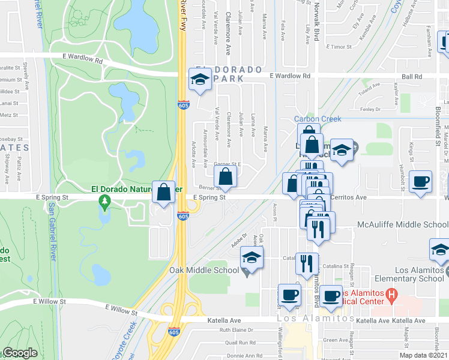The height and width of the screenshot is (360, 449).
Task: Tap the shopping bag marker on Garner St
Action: pyautogui.click(x=225, y=177)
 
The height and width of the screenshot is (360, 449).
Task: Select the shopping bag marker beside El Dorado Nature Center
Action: pyautogui.click(x=163, y=193)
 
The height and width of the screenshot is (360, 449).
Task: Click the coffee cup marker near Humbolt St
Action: pyautogui.click(x=420, y=181)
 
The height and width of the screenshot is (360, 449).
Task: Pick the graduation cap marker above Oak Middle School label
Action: pyautogui.click(x=252, y=259)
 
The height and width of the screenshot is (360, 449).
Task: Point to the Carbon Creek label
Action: pyautogui.click(x=318, y=119)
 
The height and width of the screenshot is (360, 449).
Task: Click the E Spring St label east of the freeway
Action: pyautogui.click(x=209, y=197)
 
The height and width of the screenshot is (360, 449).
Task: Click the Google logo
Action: pyautogui.click(x=19, y=353)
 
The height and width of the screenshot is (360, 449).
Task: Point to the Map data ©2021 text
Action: pyautogui.click(x=423, y=355)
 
